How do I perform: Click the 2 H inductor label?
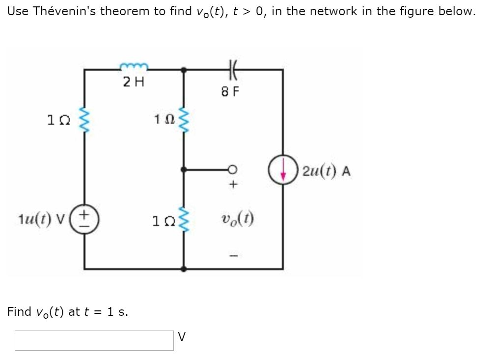(133, 82)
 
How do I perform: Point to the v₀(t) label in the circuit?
(237, 218)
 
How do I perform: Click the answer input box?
(94, 340)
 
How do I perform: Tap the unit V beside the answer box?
(182, 337)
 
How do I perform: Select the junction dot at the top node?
(184, 70)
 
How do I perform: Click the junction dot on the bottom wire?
(184, 269)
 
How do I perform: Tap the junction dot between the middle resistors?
(184, 169)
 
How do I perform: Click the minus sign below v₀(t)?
(234, 255)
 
